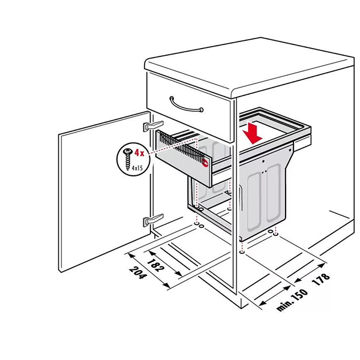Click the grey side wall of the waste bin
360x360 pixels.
(x=264, y=192)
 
